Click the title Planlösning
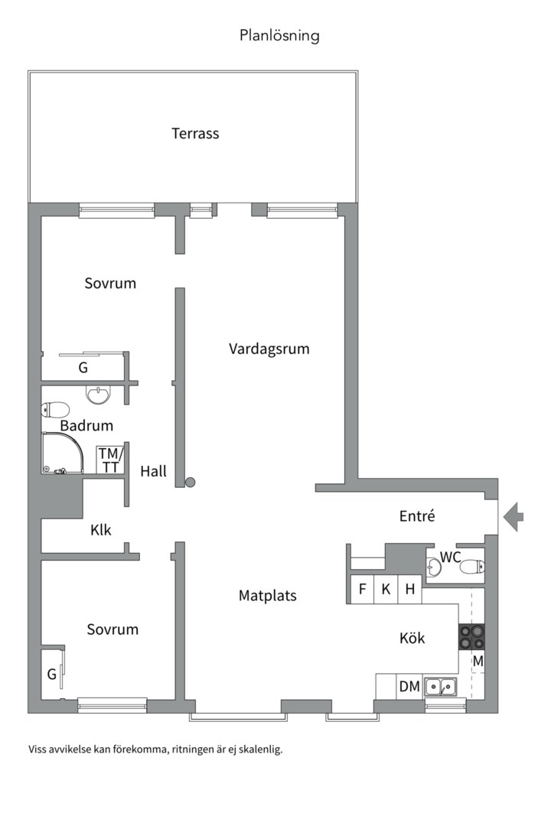click(x=279, y=35)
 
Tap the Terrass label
click(x=195, y=133)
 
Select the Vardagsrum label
click(x=269, y=349)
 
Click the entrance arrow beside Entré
click(x=514, y=516)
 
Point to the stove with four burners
click(x=471, y=637)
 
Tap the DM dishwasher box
click(x=409, y=687)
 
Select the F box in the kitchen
click(x=362, y=589)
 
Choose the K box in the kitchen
click(x=386, y=589)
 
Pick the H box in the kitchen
click(x=410, y=589)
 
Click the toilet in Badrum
click(x=55, y=409)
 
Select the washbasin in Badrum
click(x=97, y=395)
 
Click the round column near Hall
click(x=191, y=482)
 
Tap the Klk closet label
click(x=101, y=529)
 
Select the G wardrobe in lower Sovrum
click(x=52, y=674)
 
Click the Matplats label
click(x=267, y=595)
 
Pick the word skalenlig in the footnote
click(x=258, y=750)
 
